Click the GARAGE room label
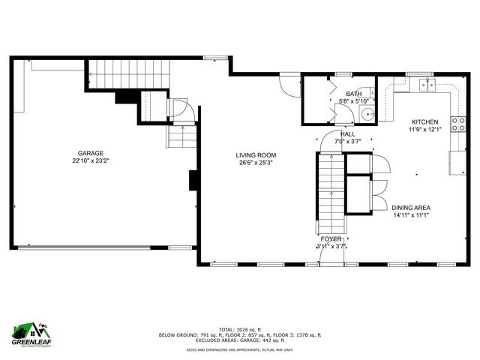pos(88,153)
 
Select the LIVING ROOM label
pos(253,155)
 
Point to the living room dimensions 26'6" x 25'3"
pos(253,163)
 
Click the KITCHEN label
pos(424,121)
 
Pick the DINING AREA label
pos(410,207)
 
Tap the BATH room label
pos(354,94)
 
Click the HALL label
pos(348,133)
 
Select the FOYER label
pos(331,239)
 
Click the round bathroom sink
pos(367,114)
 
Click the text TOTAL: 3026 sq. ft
pos(239,328)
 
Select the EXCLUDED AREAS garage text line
pos(239,341)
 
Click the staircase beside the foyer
pos(330,191)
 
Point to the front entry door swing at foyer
pos(332,255)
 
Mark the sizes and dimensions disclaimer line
pos(239,349)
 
